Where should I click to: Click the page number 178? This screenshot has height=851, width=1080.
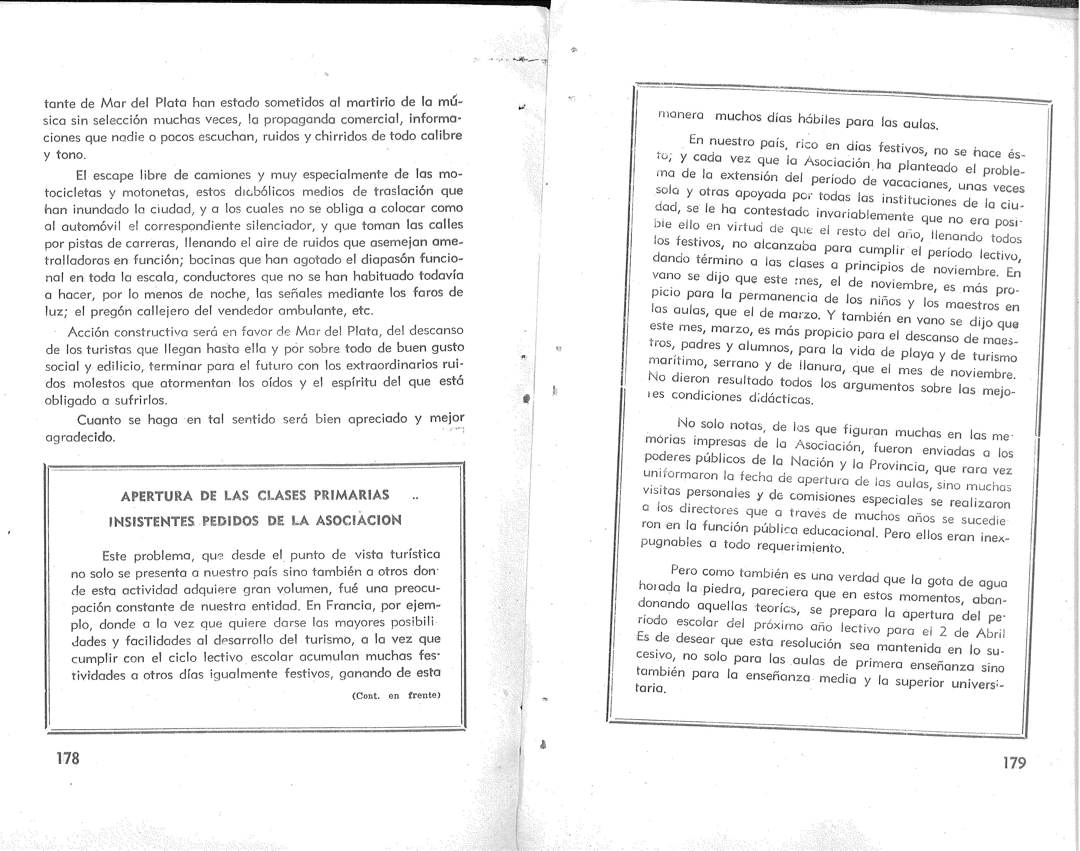(68, 758)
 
